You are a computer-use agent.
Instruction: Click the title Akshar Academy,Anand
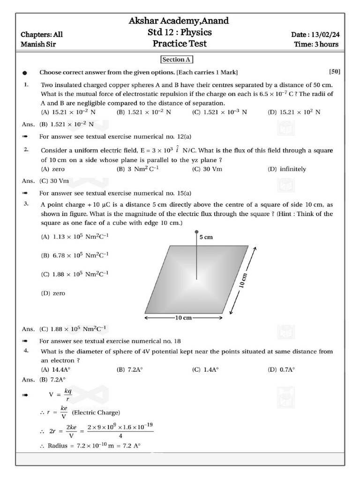(179, 21)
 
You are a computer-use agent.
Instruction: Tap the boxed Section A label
(177, 60)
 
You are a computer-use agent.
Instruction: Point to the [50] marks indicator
(335, 72)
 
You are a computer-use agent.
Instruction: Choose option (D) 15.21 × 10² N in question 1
(294, 112)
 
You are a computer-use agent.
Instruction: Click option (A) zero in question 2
(53, 169)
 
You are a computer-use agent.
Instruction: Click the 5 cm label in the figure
(206, 237)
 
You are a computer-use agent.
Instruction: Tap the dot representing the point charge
(196, 232)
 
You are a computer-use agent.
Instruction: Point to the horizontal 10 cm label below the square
(184, 318)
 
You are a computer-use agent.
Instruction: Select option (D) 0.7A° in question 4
(281, 369)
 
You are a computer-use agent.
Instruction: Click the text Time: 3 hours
(316, 45)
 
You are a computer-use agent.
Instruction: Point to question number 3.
(27, 204)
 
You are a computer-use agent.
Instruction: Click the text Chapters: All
(42, 35)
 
